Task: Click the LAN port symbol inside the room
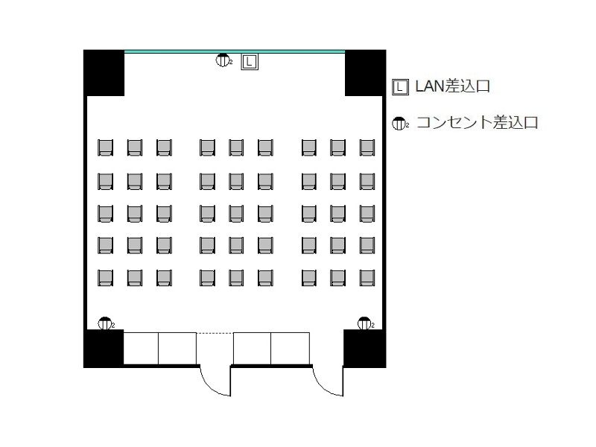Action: coord(250,62)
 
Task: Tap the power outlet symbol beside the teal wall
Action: coord(223,60)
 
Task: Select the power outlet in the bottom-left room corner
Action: coord(105,323)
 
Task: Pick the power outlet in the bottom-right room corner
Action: coord(365,323)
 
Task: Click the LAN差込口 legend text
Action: coord(452,86)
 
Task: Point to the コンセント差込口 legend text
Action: coord(478,122)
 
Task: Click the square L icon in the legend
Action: coord(400,87)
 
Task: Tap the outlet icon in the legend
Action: coord(400,124)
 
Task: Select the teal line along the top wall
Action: coord(235,51)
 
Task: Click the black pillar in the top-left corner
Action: coord(104,72)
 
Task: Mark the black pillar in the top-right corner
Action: coord(365,72)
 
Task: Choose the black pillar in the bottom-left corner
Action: coord(104,349)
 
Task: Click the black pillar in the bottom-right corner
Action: coord(365,349)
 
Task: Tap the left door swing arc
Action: coord(210,388)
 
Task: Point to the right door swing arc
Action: coord(323,388)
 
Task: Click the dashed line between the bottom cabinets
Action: coord(215,333)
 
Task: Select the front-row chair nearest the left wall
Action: coord(105,148)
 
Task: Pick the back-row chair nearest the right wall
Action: coord(367,278)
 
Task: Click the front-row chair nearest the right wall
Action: coord(367,148)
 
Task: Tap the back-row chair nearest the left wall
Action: coord(105,278)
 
